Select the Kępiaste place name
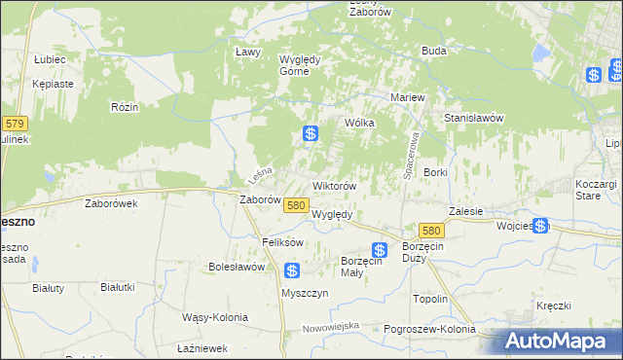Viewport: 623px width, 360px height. coord(53,84)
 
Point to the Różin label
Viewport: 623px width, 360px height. coord(124,106)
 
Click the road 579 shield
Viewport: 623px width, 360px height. coord(14,124)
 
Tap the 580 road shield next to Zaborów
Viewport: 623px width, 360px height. coord(297,205)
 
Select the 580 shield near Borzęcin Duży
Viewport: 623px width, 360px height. coord(433,230)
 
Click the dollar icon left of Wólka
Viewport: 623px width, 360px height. coord(311,134)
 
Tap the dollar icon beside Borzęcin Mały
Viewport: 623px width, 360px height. coord(380,250)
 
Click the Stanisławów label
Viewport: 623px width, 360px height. coord(473,118)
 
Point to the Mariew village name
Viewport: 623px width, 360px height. coord(407,98)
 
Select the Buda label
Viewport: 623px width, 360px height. coord(433,51)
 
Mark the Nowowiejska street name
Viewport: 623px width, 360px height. coord(331,326)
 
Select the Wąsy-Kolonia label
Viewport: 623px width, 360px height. coord(215,317)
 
